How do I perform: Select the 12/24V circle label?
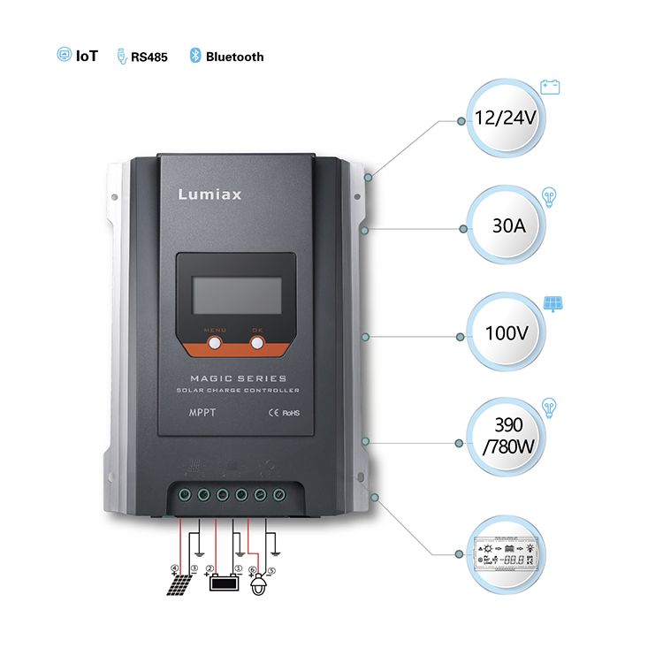[x=505, y=118]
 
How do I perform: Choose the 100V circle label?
[x=507, y=333]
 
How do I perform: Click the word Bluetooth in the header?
[x=234, y=57]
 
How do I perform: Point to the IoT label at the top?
[x=87, y=56]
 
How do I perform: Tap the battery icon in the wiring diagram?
[x=223, y=583]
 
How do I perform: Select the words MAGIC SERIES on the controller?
[x=238, y=377]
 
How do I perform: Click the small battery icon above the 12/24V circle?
[x=551, y=88]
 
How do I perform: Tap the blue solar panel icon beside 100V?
[x=554, y=303]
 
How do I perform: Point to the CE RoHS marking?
[x=285, y=412]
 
